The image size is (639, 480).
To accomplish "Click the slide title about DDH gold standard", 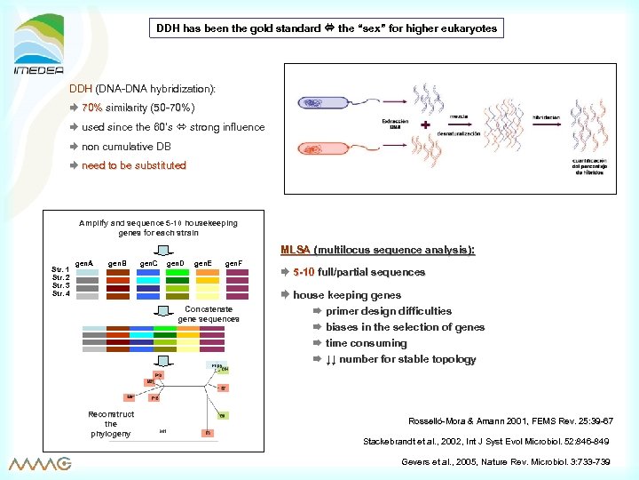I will tap(326, 28).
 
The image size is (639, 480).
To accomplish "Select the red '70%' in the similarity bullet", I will tap(92, 108).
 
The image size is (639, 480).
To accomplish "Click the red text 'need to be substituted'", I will tap(133, 165).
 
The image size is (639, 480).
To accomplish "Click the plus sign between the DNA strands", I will tap(426, 125).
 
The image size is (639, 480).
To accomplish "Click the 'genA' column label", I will tap(84, 264).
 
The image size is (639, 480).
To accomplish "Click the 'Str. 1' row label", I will tap(62, 270).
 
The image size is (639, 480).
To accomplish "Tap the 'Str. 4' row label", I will tap(62, 293).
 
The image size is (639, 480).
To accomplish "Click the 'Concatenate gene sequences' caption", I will tap(208, 314).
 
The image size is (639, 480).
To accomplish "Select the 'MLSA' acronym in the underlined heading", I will tap(295, 250).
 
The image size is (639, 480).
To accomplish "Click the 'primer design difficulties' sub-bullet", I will tap(388, 311).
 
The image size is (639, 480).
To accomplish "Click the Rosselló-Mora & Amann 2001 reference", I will tap(509, 420).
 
